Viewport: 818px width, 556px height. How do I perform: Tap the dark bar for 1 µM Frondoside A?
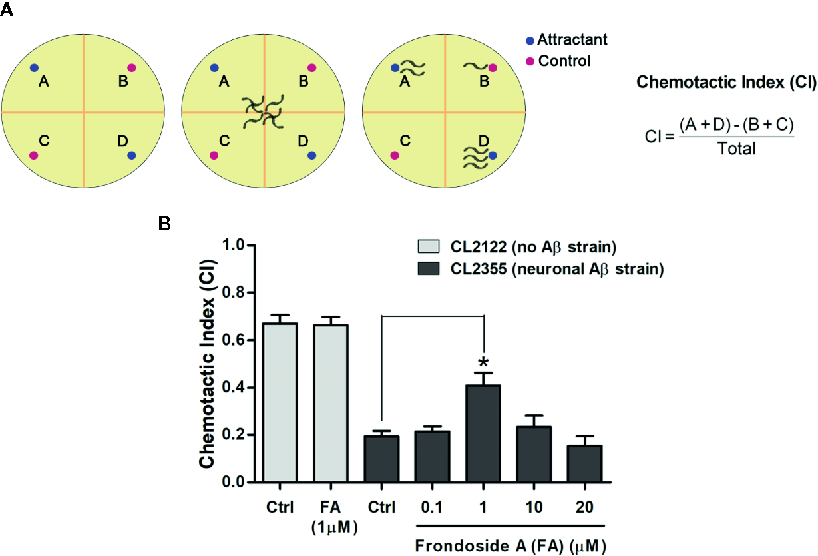coord(484,433)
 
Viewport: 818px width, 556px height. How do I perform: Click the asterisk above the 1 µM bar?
coord(484,363)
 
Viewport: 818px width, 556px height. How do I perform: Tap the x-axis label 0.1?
coord(432,508)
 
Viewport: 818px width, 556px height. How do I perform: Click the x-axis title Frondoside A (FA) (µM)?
coord(511,545)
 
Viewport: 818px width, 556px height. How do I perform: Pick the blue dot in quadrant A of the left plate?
coord(34,67)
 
